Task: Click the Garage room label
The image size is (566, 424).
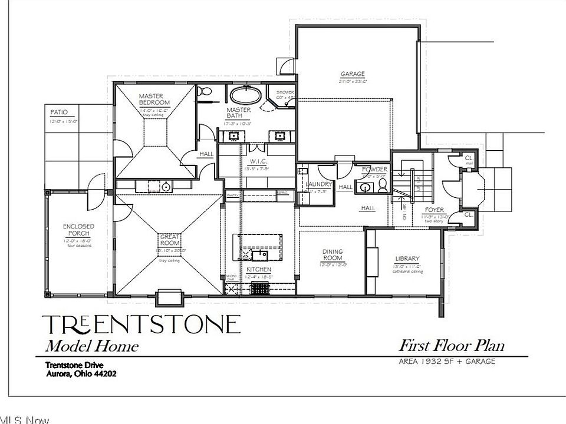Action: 353,74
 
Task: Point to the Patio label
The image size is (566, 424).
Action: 58,112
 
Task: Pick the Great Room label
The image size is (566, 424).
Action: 169,240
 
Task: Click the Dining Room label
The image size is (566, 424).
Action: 333,254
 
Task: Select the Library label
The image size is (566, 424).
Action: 407,259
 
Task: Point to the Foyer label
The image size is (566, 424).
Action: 436,210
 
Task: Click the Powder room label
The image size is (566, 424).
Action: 374,169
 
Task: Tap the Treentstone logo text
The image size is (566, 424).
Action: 141,325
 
